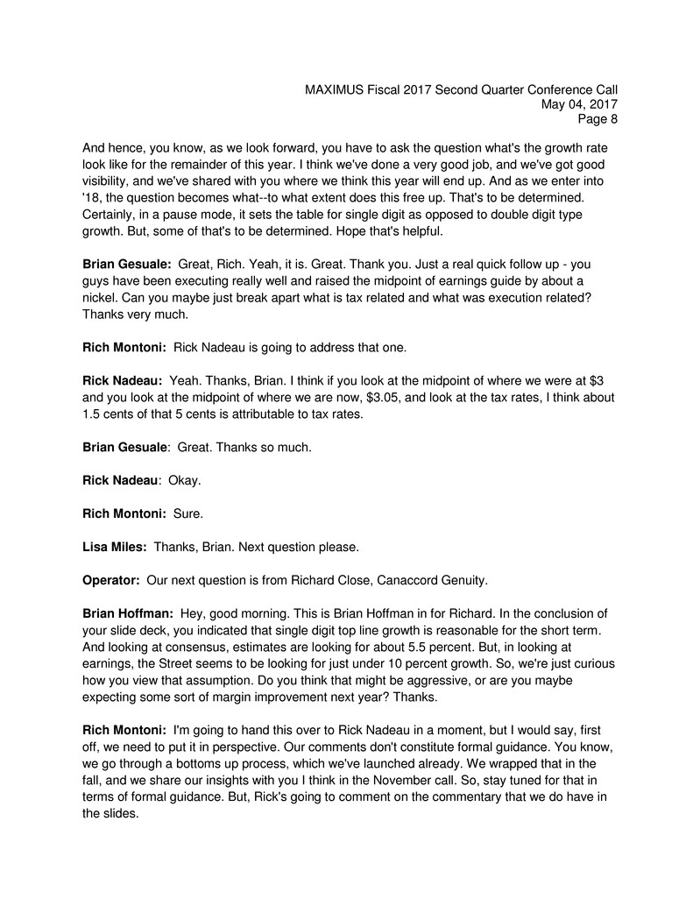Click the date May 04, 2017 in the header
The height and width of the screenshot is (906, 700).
point(579,105)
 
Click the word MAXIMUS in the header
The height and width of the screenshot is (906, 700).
point(338,89)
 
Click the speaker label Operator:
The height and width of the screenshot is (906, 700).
point(111,580)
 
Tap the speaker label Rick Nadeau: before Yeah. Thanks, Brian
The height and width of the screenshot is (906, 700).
point(121,380)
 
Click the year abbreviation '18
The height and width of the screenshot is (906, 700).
point(92,198)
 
